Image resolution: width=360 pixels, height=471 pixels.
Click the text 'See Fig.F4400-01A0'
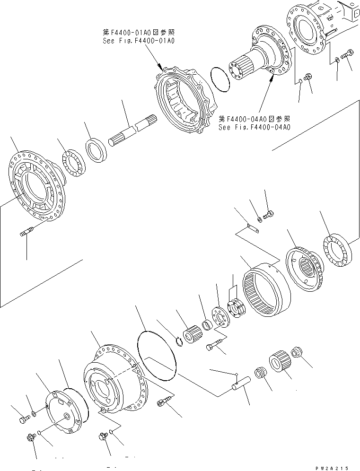coord(139,41)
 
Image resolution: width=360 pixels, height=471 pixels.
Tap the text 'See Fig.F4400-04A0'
coord(254,127)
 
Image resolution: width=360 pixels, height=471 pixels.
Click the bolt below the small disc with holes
coord(213,349)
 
